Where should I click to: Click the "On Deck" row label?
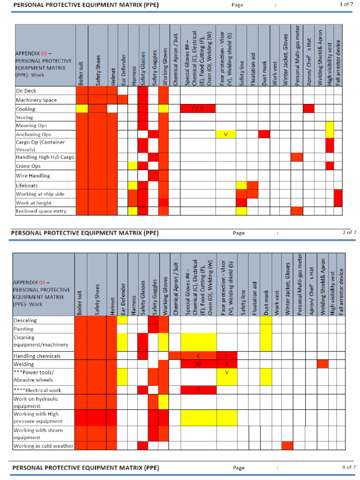pyautogui.click(x=26, y=91)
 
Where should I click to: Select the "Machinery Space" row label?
pyautogui.click(x=36, y=100)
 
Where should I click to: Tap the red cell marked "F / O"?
pyautogui.click(x=198, y=109)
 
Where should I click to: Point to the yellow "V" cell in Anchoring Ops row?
pyautogui.click(x=225, y=135)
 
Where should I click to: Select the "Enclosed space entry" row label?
pyautogui.click(x=41, y=211)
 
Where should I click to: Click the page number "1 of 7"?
pyautogui.click(x=346, y=4)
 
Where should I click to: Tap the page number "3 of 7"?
pyautogui.click(x=349, y=467)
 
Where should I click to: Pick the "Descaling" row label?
pyautogui.click(x=25, y=321)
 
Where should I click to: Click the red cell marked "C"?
pyautogui.click(x=198, y=356)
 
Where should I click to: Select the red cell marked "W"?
pyautogui.click(x=198, y=364)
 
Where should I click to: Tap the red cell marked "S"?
pyautogui.click(x=226, y=364)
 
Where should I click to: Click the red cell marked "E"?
pyautogui.click(x=198, y=390)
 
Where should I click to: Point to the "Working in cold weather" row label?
pyautogui.click(x=43, y=446)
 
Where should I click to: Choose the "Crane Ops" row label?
pyautogui.click(x=28, y=166)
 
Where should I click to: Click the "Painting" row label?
pyautogui.click(x=23, y=329)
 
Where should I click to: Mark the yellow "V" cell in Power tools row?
pyautogui.click(x=226, y=373)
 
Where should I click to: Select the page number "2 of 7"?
pyautogui.click(x=349, y=232)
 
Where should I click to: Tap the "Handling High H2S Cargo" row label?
pyautogui.click(x=45, y=157)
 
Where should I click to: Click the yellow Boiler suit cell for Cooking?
pyautogui.click(x=82, y=109)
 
